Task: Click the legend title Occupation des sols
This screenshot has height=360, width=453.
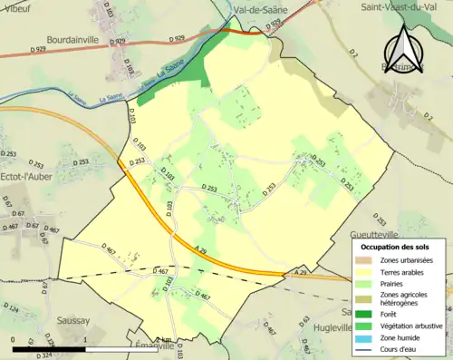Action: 397,247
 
